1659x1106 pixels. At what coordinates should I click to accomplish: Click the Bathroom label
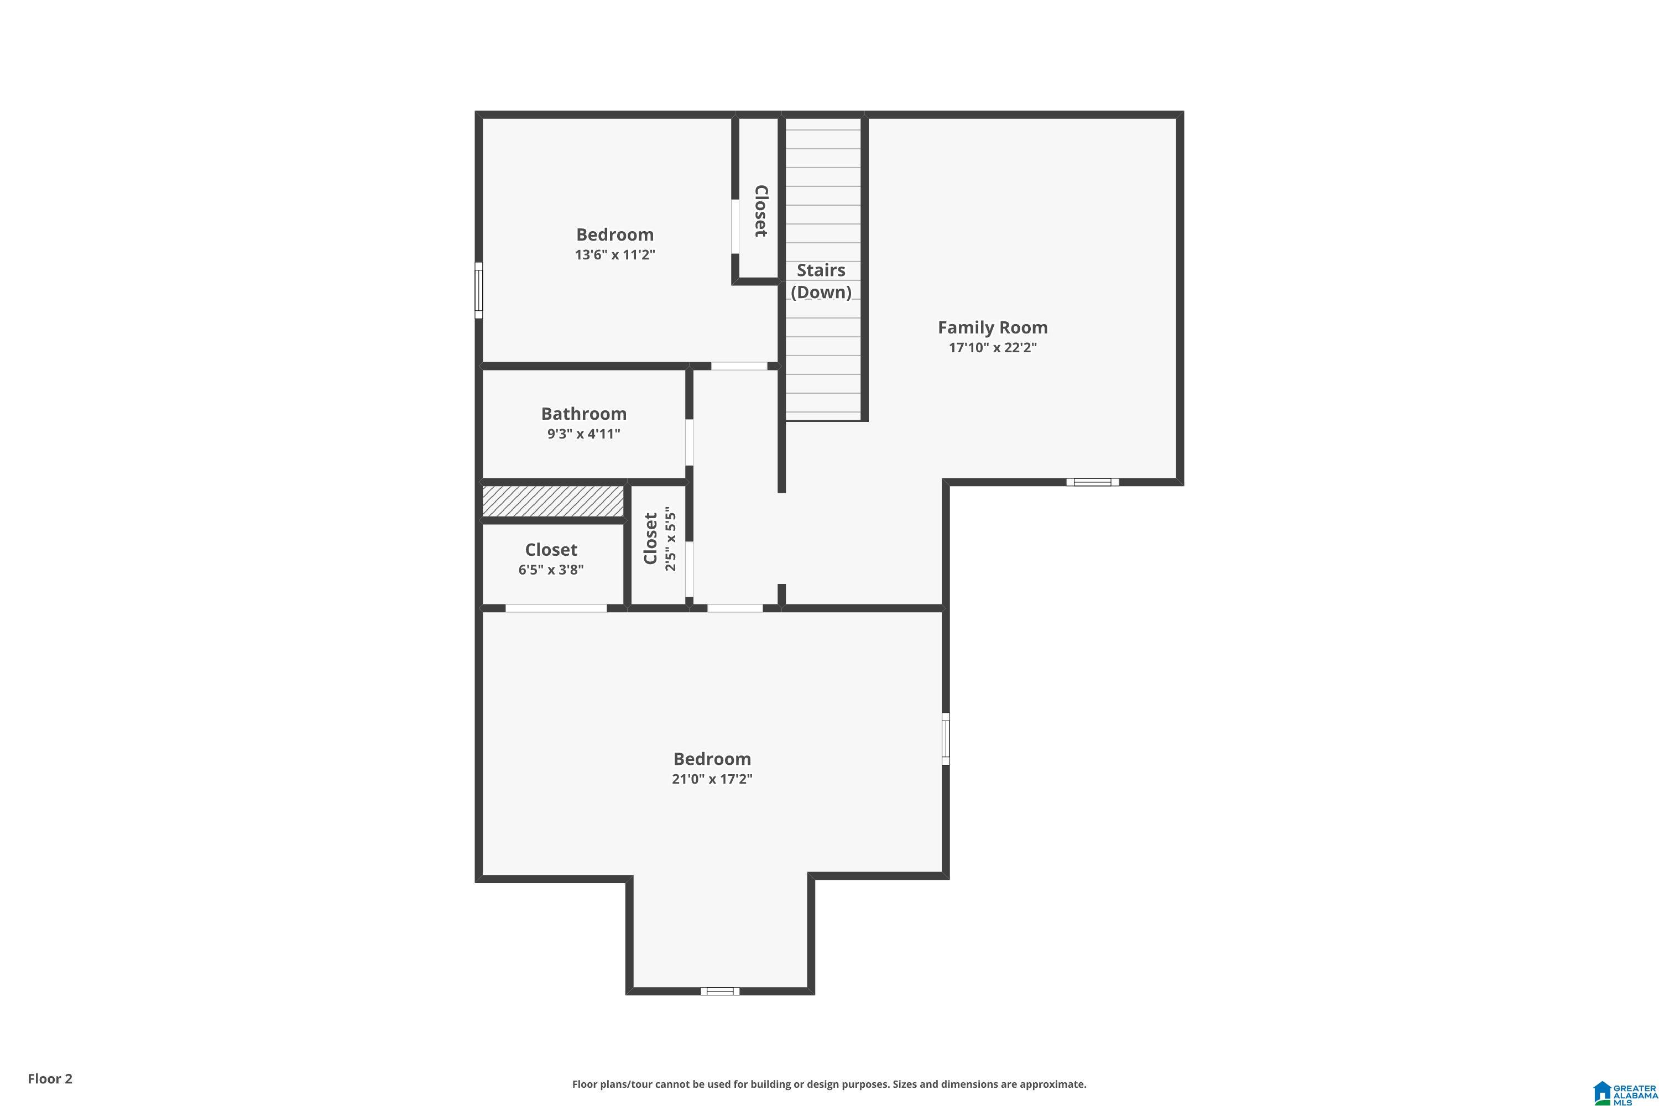tap(583, 413)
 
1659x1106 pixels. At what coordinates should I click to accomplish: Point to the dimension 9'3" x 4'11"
tap(583, 434)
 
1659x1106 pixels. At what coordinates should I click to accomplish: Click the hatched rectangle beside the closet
tap(553, 500)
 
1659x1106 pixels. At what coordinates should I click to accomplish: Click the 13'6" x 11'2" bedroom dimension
tap(614, 254)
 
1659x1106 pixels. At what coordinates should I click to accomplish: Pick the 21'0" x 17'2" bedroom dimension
tap(712, 779)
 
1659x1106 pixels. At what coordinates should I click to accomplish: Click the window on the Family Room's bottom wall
tap(1092, 482)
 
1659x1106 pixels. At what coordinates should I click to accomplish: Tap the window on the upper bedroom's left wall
tap(478, 290)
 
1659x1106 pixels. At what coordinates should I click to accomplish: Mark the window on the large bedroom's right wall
tap(946, 738)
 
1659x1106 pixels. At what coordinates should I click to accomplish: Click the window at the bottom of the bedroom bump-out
tap(719, 991)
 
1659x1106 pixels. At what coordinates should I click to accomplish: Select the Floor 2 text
tap(50, 1078)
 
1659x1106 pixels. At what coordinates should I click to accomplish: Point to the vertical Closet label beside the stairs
tap(760, 211)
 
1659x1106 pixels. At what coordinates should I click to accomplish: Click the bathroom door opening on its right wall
tap(689, 442)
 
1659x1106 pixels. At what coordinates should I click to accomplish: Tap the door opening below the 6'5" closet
tap(556, 608)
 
